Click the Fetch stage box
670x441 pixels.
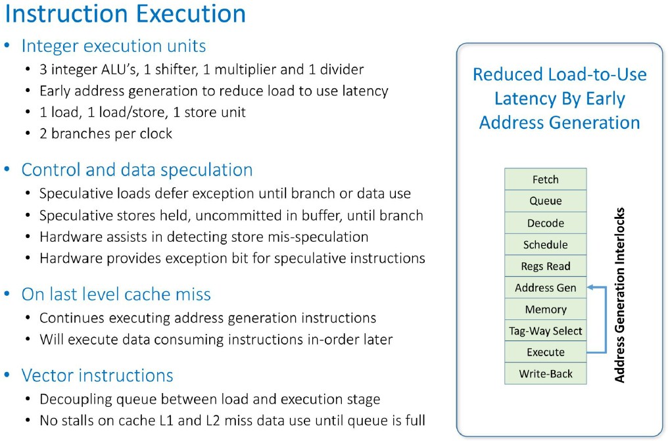545,179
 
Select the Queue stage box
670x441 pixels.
545,201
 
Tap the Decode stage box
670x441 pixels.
545,223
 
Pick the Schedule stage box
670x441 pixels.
545,244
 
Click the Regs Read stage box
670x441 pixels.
545,266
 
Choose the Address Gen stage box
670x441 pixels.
545,288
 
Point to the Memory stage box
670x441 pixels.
545,309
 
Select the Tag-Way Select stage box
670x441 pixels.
545,331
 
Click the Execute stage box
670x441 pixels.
545,352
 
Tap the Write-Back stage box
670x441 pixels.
545,373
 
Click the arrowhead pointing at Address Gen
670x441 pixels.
590,287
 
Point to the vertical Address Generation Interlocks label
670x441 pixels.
619,294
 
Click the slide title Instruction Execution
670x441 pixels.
125,14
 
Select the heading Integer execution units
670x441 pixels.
114,46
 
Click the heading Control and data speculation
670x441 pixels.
137,170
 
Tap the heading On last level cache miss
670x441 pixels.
116,294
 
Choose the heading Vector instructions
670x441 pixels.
97,376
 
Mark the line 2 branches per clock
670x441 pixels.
106,133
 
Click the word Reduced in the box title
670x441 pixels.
507,74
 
